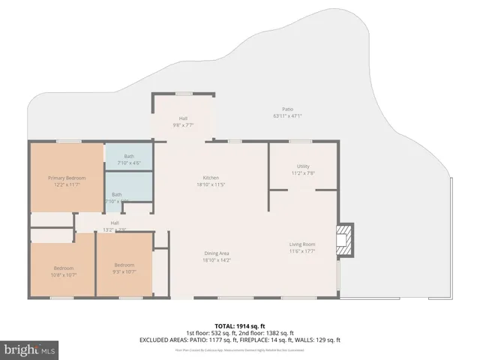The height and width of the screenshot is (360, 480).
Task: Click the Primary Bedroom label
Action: pyautogui.click(x=67, y=178)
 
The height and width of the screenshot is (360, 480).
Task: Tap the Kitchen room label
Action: pyautogui.click(x=211, y=178)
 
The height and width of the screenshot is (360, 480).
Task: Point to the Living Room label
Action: pyautogui.click(x=303, y=244)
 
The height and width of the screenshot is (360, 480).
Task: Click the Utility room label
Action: pyautogui.click(x=303, y=166)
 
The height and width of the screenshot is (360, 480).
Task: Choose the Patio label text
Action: pyautogui.click(x=287, y=109)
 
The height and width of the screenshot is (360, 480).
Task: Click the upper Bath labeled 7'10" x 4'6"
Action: pyautogui.click(x=129, y=159)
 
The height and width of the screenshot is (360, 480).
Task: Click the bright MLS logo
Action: pyautogui.click(x=29, y=349)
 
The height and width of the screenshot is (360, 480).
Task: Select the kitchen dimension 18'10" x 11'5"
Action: pyautogui.click(x=211, y=184)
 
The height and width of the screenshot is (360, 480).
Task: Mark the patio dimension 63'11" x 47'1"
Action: pyautogui.click(x=287, y=116)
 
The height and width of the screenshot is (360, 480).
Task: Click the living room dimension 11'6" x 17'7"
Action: pyautogui.click(x=303, y=251)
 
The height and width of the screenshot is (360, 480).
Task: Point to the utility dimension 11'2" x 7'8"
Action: pyautogui.click(x=303, y=173)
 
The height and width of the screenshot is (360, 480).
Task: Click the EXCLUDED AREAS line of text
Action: pyautogui.click(x=239, y=340)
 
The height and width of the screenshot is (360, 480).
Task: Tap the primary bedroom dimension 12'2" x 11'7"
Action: pyautogui.click(x=67, y=184)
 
